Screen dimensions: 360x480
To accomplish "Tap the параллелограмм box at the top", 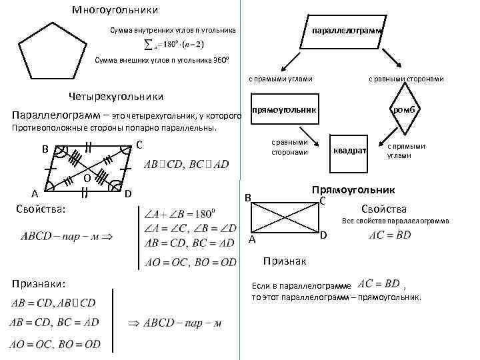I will click(344, 31).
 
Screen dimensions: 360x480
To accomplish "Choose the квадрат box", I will click(349, 151).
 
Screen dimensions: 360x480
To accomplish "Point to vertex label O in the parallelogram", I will click(87, 178).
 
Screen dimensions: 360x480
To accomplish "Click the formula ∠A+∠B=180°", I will click(181, 214).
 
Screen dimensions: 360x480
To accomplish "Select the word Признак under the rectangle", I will click(284, 259).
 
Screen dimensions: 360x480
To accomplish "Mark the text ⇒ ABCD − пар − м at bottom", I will click(175, 324).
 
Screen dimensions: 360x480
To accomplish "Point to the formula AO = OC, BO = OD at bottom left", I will click(55, 344).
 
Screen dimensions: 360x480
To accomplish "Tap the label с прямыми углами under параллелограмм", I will click(281, 79).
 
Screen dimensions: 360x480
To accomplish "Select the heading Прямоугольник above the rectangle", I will click(354, 190).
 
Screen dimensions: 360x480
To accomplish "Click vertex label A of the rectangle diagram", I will click(252, 239).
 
